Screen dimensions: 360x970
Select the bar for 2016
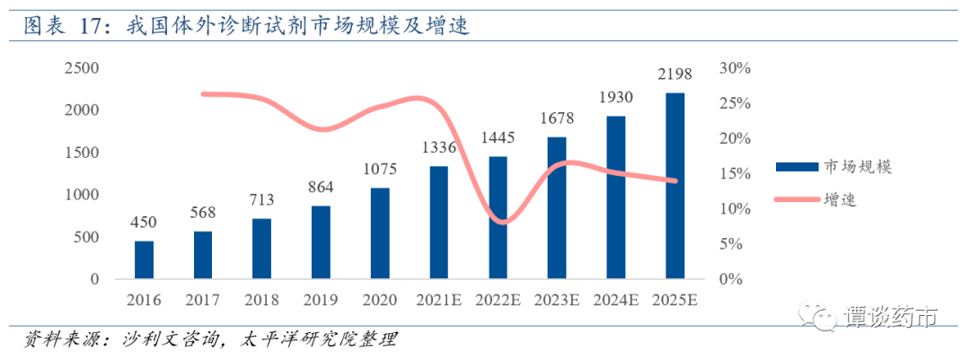pyautogui.click(x=144, y=259)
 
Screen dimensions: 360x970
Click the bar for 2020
pyautogui.click(x=380, y=233)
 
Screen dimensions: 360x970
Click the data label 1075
pyautogui.click(x=380, y=170)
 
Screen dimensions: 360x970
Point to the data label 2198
pyautogui.click(x=674, y=74)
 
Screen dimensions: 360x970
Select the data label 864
pyautogui.click(x=321, y=188)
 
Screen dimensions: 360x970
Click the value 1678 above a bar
pyautogui.click(x=557, y=119)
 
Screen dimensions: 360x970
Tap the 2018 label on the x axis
pyautogui.click(x=261, y=299)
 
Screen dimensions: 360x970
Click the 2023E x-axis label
pyautogui.click(x=557, y=299)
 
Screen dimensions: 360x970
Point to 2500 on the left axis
pyautogui.click(x=82, y=68)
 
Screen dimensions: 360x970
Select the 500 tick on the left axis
pyautogui.click(x=87, y=237)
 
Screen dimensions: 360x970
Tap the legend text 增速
pyautogui.click(x=840, y=199)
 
